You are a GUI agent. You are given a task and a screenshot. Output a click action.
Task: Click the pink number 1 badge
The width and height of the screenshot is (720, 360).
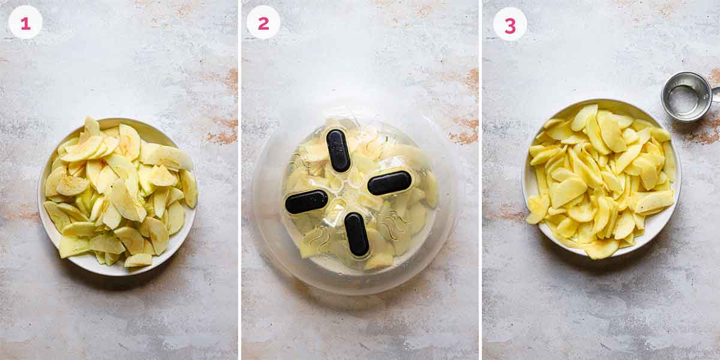pyautogui.click(x=25, y=23)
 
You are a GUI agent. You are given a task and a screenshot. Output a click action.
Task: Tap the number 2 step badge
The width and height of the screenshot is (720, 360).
pyautogui.click(x=263, y=23)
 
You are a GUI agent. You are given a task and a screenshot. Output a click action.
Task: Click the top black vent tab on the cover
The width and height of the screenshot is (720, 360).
pyautogui.click(x=338, y=151)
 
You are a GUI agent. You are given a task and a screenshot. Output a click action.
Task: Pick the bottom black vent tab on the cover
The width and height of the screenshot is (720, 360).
pyautogui.click(x=357, y=234)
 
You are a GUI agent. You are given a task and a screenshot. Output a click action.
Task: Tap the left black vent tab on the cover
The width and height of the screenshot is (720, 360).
pyautogui.click(x=307, y=202)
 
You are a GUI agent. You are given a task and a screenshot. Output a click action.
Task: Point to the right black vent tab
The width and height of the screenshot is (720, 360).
pyautogui.click(x=389, y=183)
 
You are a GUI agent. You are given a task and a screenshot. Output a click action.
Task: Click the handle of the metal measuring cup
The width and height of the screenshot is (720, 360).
pyautogui.click(x=715, y=94)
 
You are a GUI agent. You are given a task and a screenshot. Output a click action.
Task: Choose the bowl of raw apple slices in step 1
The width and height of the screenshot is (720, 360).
pyautogui.click(x=117, y=195)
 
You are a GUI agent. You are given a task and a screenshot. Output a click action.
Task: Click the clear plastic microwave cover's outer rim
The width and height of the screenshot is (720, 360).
pyautogui.click(x=264, y=240)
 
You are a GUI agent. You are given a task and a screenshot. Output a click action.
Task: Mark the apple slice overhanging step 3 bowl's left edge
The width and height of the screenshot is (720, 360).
pyautogui.click(x=536, y=209)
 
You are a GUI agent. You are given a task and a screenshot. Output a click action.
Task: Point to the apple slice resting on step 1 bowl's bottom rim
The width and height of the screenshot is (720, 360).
pyautogui.click(x=138, y=260)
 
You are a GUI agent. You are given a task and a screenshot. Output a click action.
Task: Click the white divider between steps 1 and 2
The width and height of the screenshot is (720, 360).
pyautogui.click(x=239, y=180)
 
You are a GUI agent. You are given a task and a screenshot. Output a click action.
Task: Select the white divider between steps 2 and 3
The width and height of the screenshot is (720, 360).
pyautogui.click(x=481, y=180)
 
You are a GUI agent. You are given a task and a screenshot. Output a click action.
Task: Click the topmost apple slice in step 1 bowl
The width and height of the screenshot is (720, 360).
pyautogui.click(x=91, y=125)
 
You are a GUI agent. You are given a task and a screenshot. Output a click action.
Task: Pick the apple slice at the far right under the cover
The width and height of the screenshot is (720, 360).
pyautogui.click(x=430, y=190)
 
